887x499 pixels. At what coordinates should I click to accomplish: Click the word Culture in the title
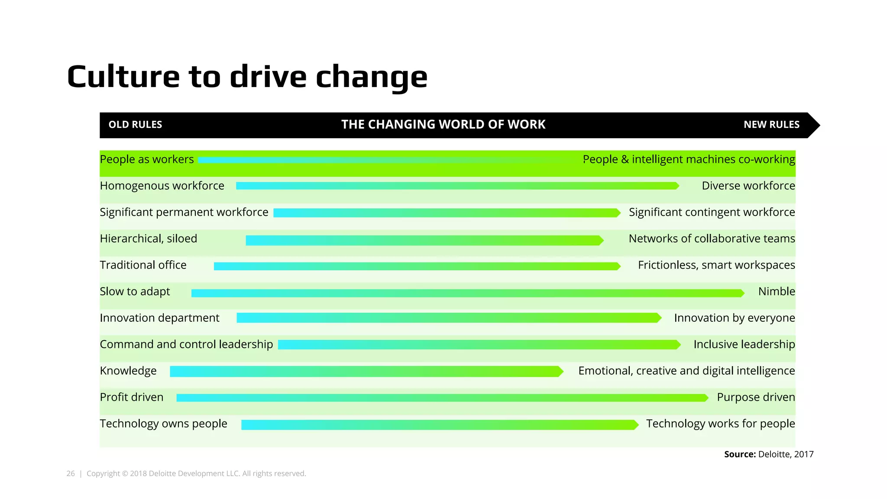123,77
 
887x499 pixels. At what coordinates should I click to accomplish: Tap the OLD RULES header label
135,125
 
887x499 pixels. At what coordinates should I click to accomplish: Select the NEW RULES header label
771,125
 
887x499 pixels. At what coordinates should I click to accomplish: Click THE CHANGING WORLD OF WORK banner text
443,125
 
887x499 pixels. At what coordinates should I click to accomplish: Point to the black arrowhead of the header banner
813,125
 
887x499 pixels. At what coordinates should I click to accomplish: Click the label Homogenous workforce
162,186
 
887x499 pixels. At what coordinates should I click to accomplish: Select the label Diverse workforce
748,186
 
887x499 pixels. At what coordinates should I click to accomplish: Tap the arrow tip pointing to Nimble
742,293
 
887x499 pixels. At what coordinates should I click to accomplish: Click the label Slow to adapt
135,292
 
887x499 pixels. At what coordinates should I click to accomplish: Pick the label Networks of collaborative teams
712,239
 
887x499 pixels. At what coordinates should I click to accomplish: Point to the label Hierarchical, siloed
148,239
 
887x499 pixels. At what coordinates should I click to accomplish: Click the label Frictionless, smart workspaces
716,265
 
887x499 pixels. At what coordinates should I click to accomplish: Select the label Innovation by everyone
734,318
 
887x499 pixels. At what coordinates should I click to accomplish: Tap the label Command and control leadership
186,344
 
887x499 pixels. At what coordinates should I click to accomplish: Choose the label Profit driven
132,397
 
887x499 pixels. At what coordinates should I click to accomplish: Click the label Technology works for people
720,424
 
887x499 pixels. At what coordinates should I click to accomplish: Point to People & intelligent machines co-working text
689,159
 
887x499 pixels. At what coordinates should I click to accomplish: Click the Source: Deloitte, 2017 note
769,454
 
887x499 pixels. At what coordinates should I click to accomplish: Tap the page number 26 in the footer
71,473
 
